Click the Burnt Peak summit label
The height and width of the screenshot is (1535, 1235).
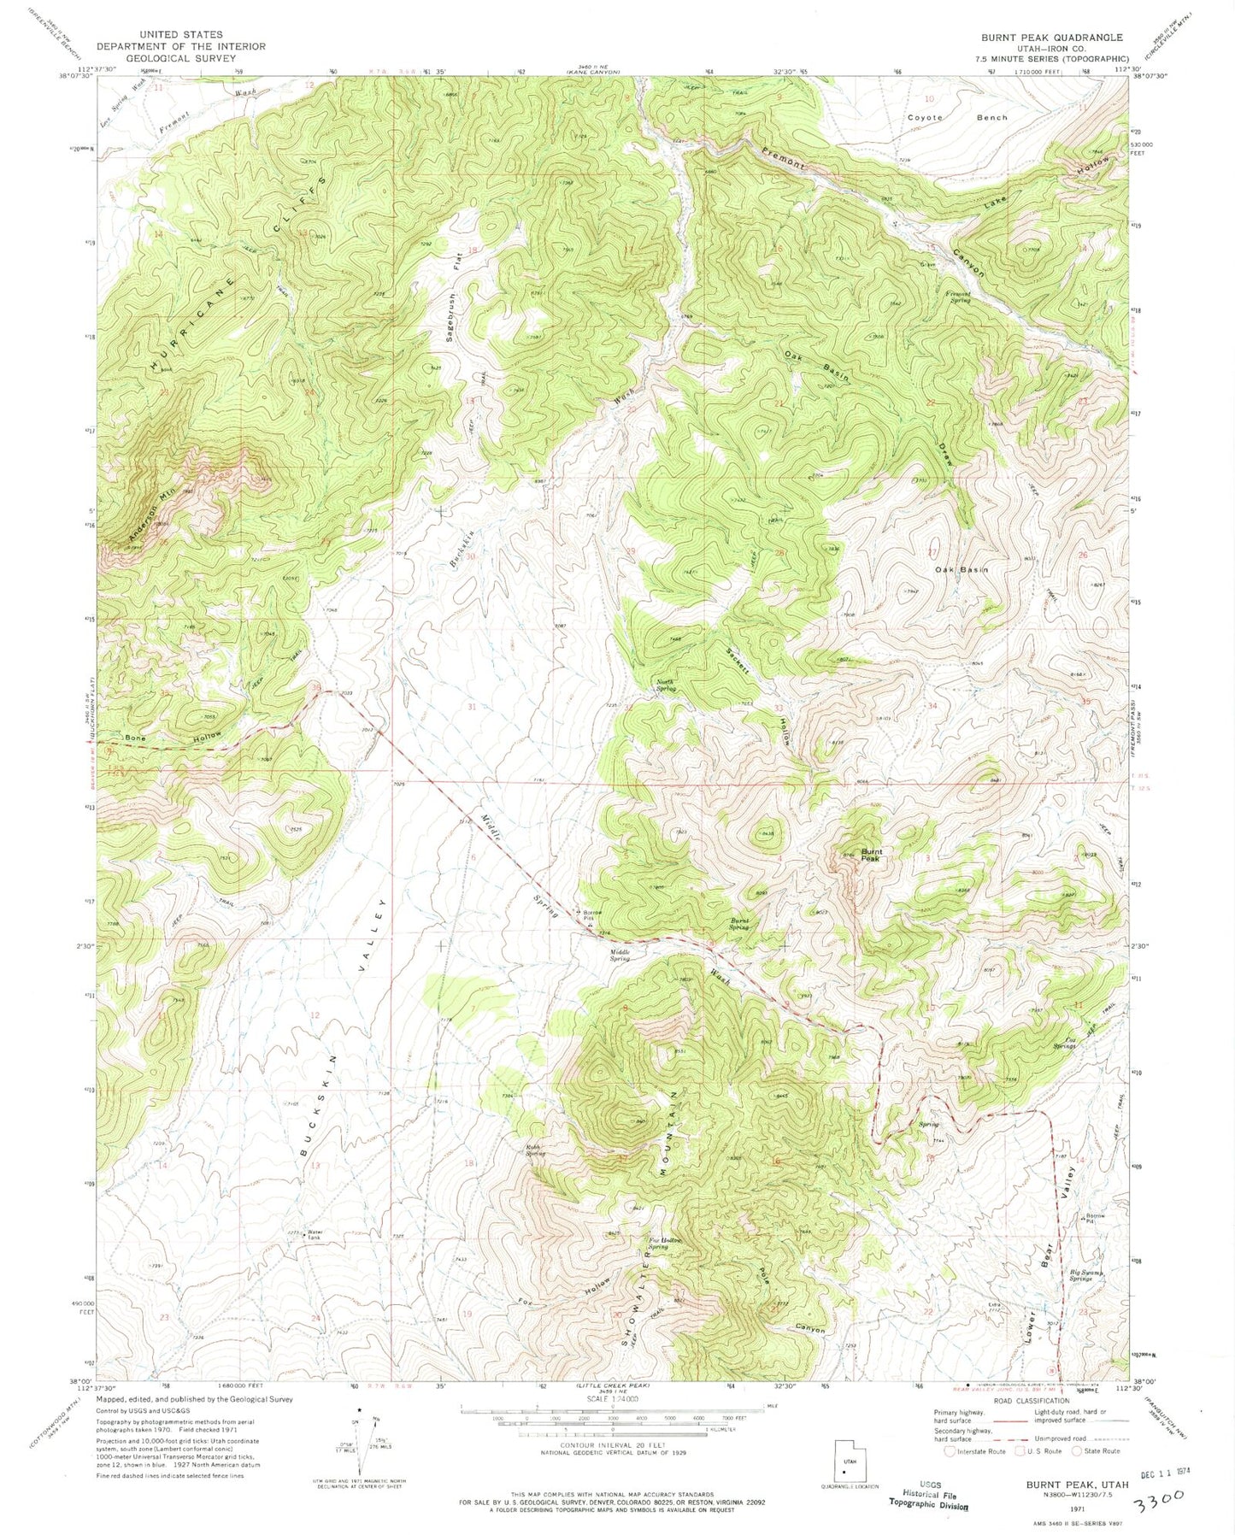point(871,854)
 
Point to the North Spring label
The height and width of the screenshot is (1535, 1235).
point(666,685)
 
